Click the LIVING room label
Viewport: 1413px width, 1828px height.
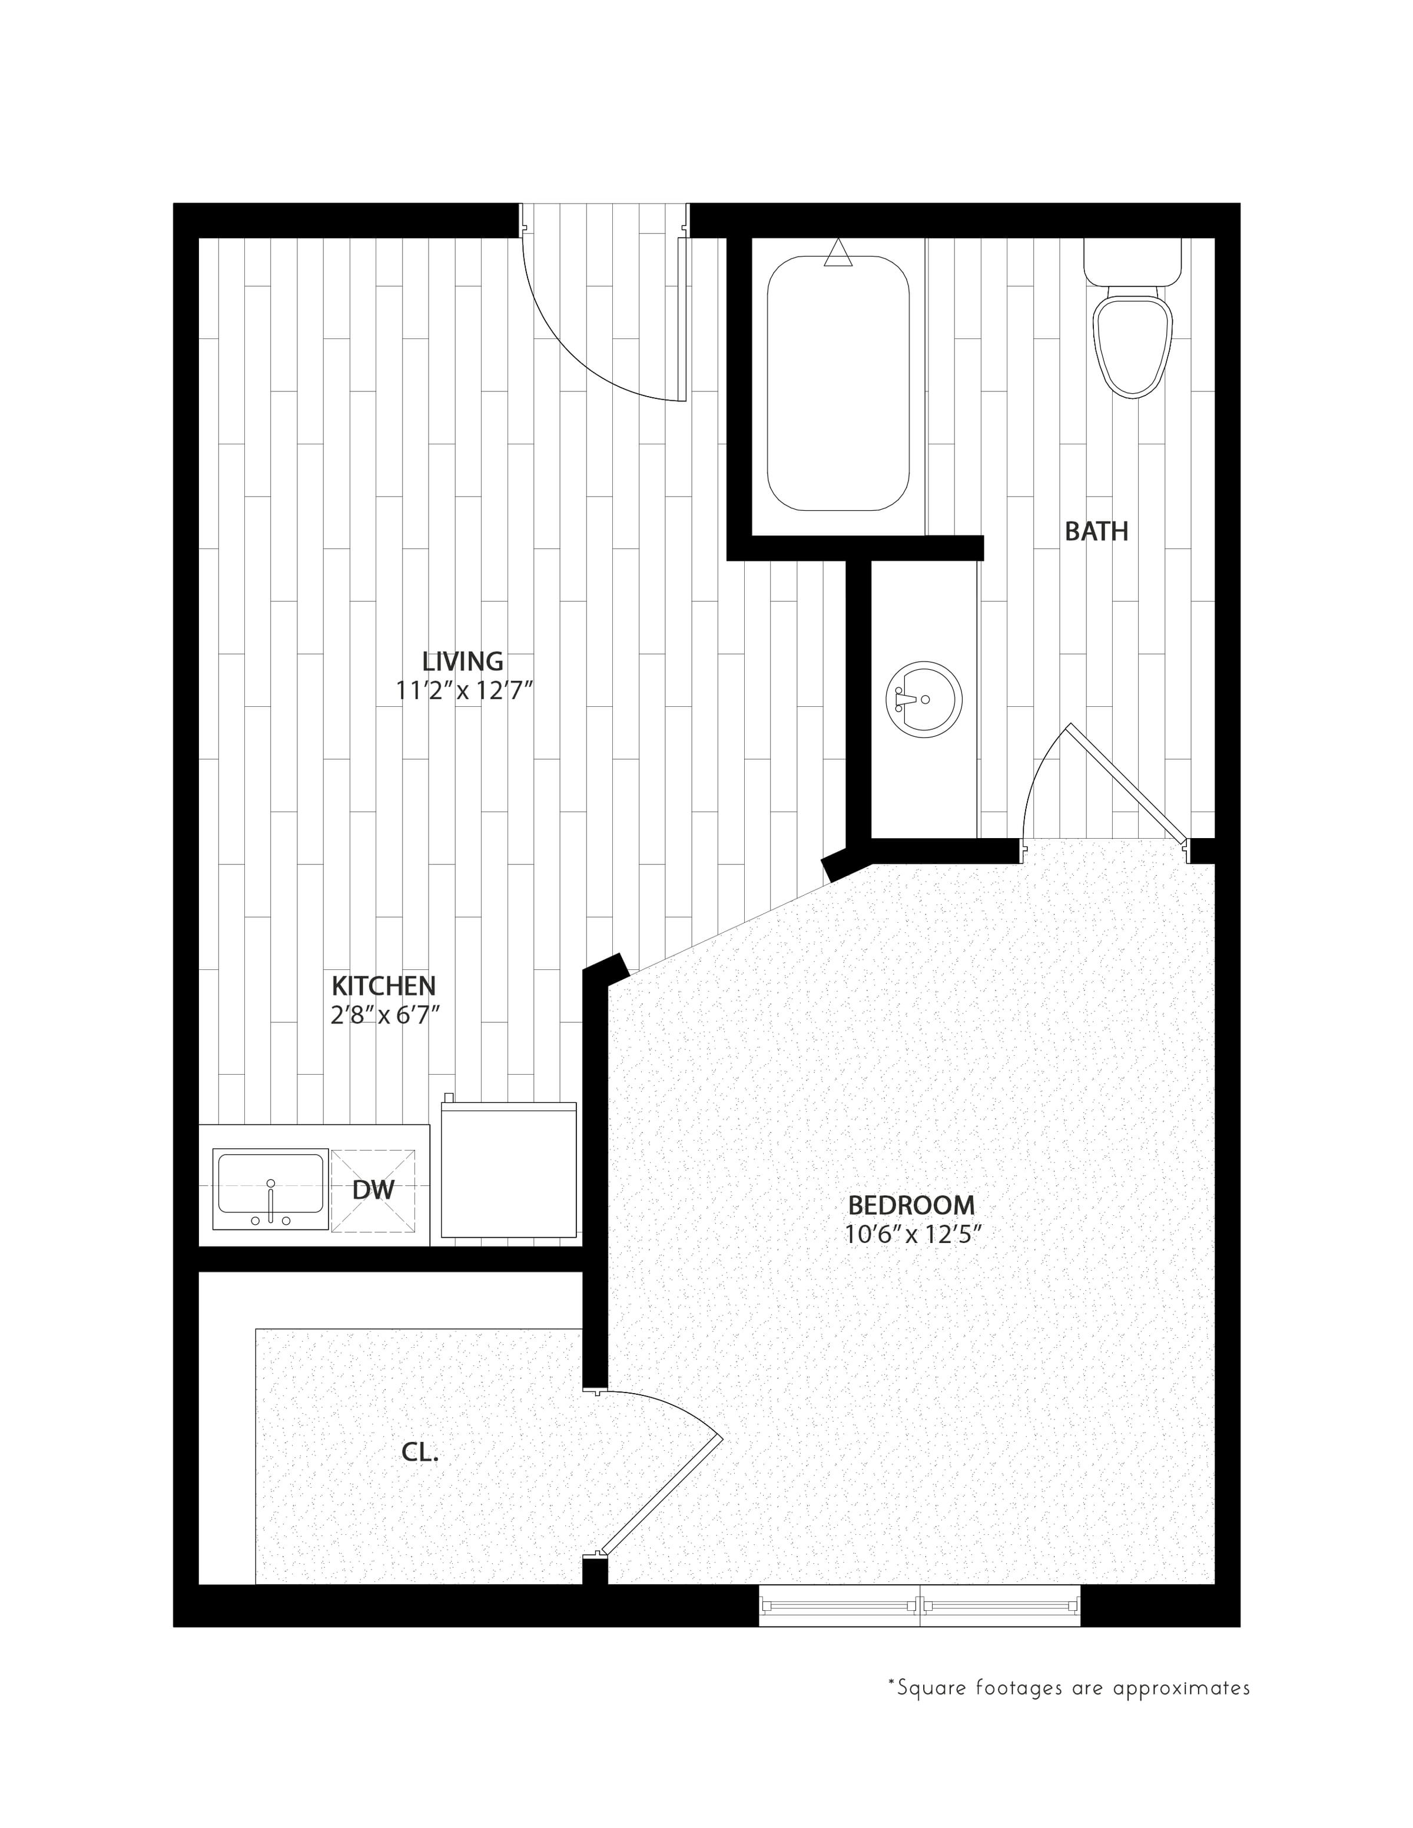pyautogui.click(x=462, y=662)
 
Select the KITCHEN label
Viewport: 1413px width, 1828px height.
pyautogui.click(x=383, y=985)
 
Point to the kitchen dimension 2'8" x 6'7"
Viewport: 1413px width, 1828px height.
pyautogui.click(x=385, y=1015)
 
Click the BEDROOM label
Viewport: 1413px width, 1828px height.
pyautogui.click(x=911, y=1205)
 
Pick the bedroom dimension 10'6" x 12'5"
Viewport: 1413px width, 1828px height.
pyautogui.click(x=913, y=1235)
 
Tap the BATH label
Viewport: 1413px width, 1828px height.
pyautogui.click(x=1096, y=531)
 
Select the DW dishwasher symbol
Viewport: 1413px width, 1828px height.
pyautogui.click(x=373, y=1190)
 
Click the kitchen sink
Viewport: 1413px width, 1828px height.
pyautogui.click(x=270, y=1188)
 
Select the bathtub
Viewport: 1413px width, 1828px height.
pyautogui.click(x=838, y=383)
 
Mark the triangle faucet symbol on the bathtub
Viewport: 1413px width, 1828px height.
pyautogui.click(x=838, y=254)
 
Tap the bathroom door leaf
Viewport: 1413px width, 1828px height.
pyautogui.click(x=1126, y=783)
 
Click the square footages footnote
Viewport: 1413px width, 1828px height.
pyautogui.click(x=1069, y=1687)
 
